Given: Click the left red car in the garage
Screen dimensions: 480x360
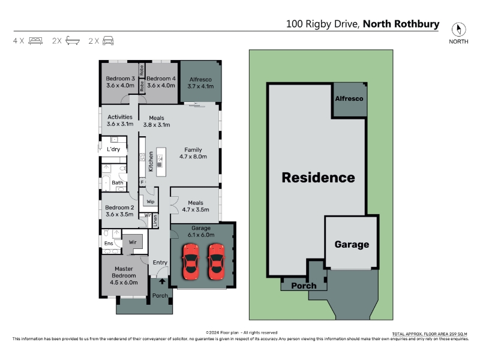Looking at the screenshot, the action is (x=191, y=262).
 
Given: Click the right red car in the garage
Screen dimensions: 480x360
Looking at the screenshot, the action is (x=217, y=262).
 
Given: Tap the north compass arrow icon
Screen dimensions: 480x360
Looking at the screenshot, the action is (x=458, y=29).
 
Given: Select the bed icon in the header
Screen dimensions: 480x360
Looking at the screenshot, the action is (x=35, y=41).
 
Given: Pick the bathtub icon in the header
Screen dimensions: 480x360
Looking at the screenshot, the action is (x=73, y=41).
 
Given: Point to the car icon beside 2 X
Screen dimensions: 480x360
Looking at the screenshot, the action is (x=108, y=41).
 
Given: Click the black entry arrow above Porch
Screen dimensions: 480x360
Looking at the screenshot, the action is (x=162, y=281).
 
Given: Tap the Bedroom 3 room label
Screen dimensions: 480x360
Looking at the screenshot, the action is (x=121, y=82).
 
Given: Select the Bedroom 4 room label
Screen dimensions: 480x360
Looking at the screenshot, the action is (x=161, y=82).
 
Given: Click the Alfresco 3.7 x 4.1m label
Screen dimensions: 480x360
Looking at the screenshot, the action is (x=200, y=83).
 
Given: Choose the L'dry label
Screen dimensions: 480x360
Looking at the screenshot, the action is (x=113, y=149).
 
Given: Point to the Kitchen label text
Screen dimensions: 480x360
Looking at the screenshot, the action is (x=151, y=161).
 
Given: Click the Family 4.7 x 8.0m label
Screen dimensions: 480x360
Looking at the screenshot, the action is (x=193, y=153).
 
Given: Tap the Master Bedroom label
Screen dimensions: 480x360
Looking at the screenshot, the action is (x=124, y=275).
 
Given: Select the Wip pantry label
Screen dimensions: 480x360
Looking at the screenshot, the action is (x=151, y=202).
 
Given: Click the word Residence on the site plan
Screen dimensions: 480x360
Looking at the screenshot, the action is (x=319, y=178).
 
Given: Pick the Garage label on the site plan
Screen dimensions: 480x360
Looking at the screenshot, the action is (x=352, y=244).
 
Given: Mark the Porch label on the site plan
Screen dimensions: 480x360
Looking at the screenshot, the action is (x=304, y=286).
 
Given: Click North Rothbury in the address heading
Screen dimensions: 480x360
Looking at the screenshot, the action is (x=401, y=24).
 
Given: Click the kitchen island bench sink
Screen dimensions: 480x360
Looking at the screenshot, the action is (x=160, y=164).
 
